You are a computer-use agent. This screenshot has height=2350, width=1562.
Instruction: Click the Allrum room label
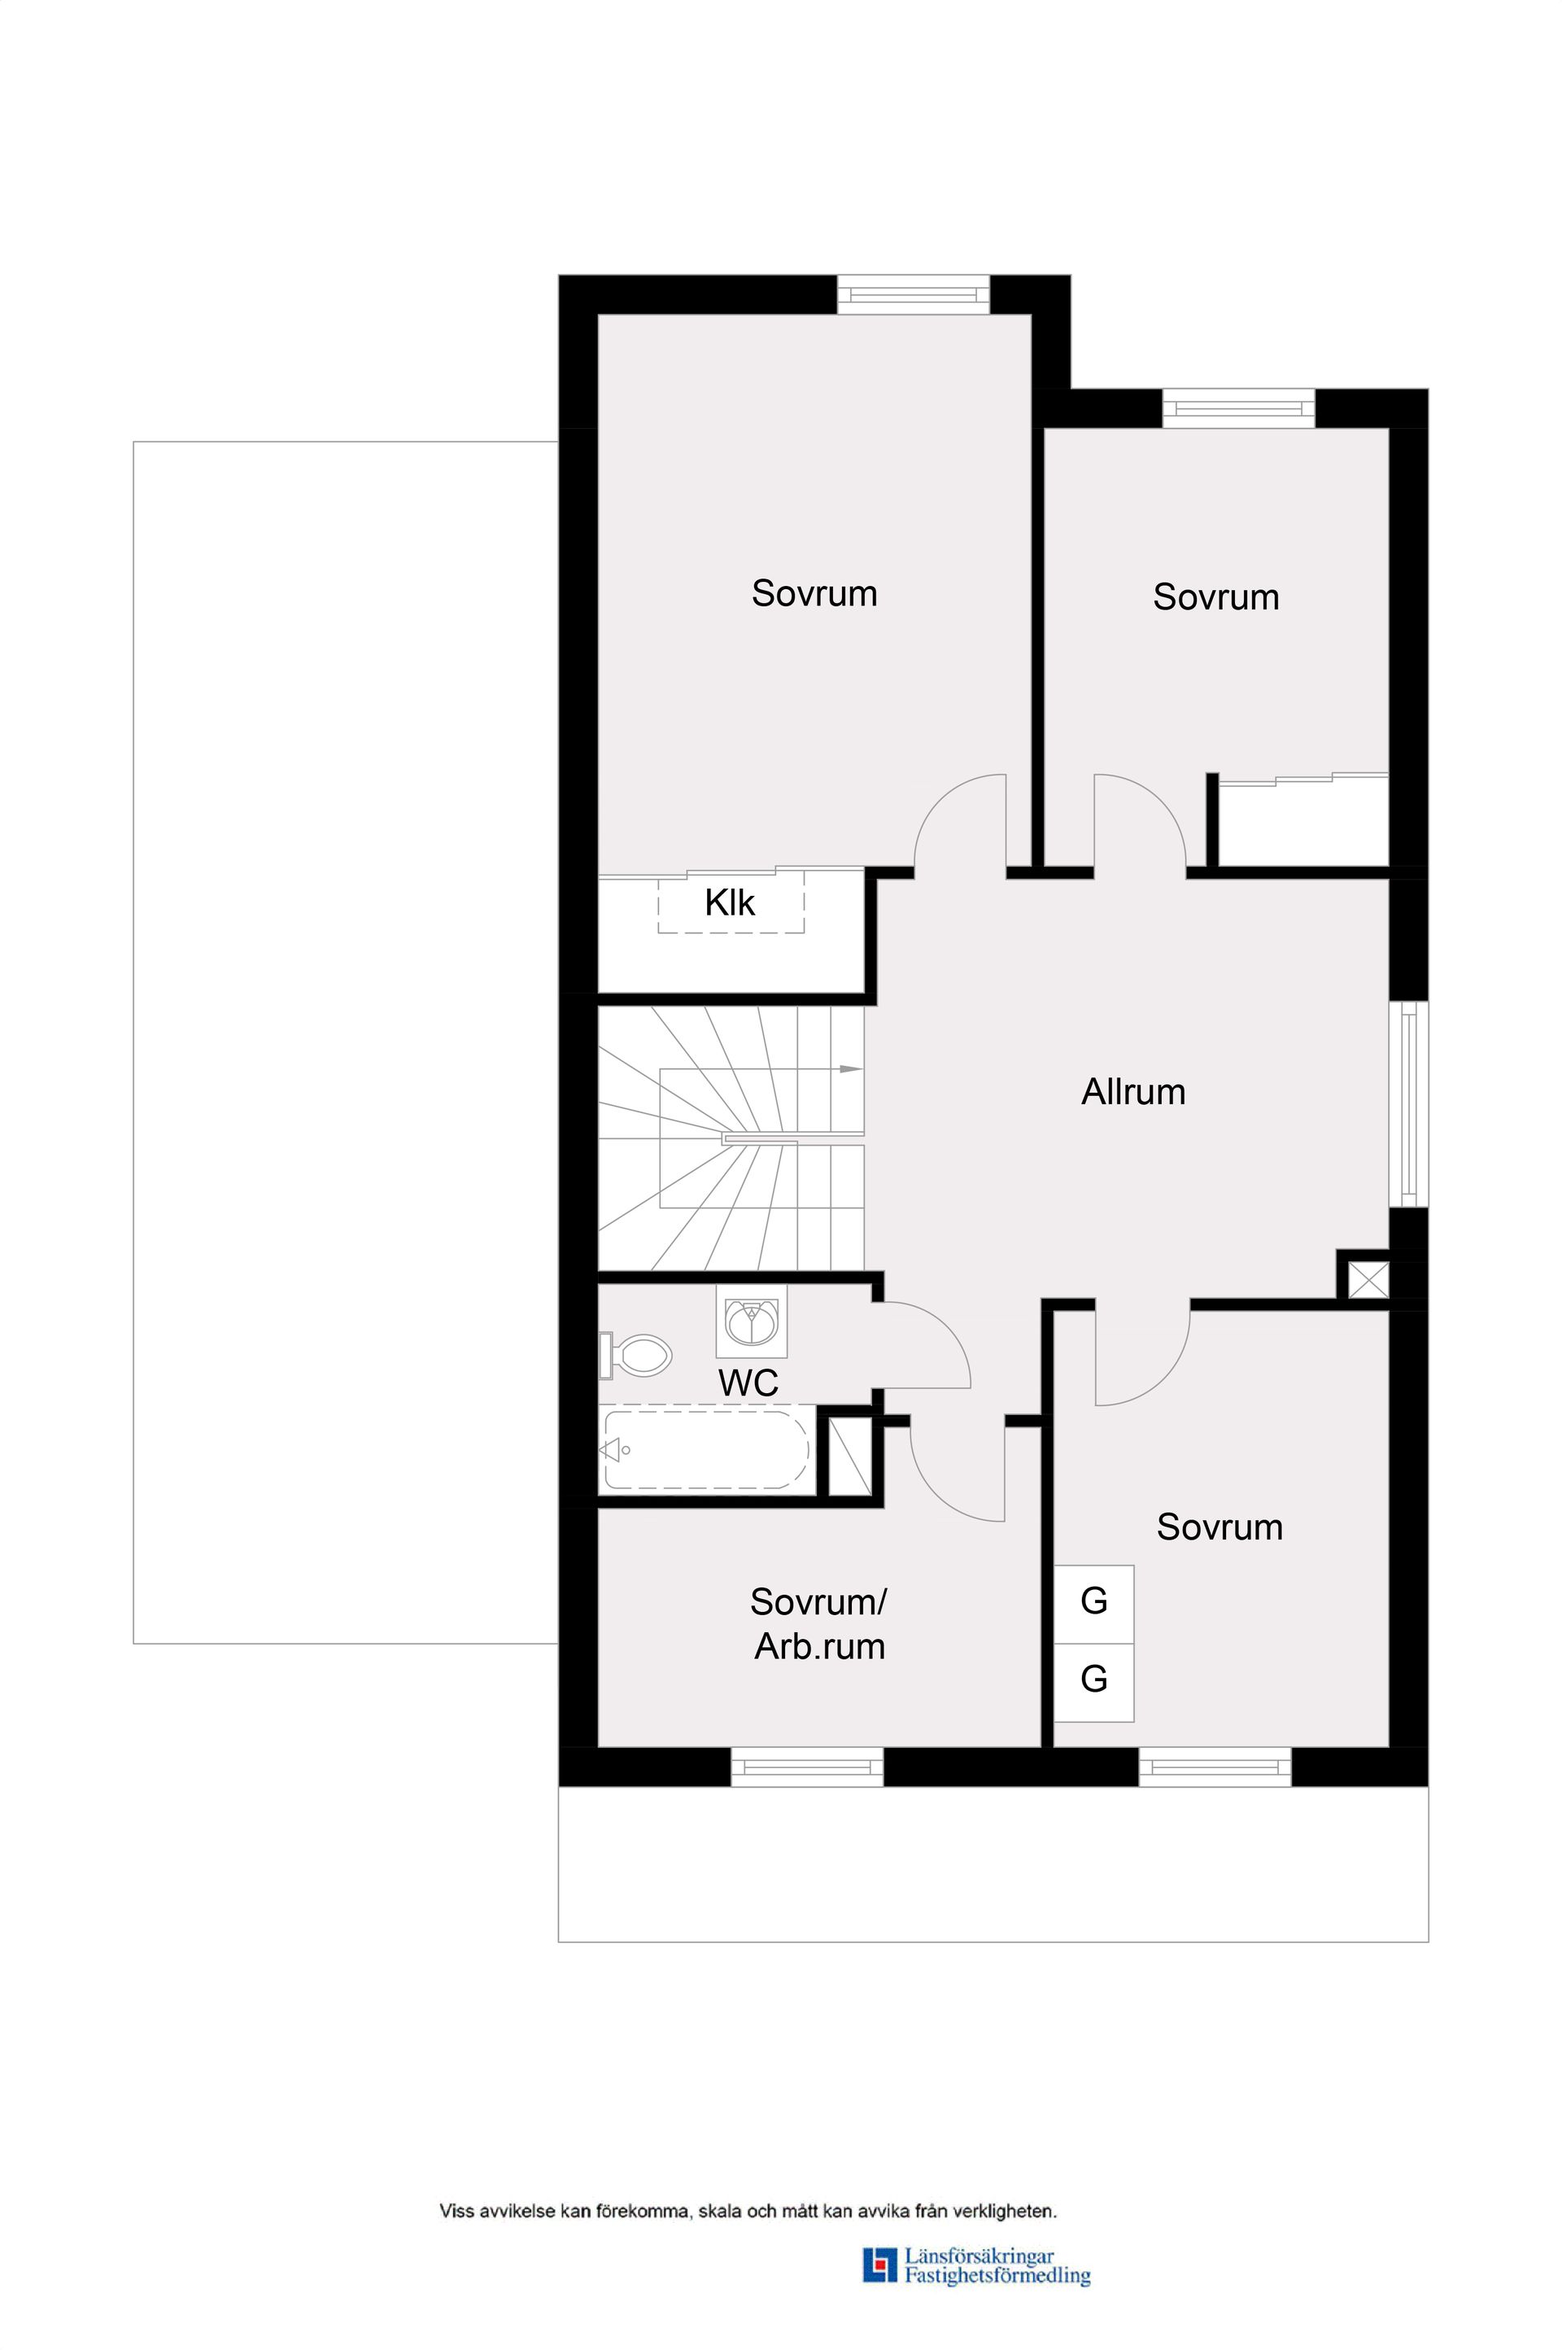tap(1133, 1092)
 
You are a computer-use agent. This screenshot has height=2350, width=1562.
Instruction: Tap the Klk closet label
tap(731, 902)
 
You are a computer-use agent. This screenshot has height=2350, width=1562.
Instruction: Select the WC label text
tap(748, 1382)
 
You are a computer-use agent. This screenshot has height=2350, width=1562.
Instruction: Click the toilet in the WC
tap(635, 1356)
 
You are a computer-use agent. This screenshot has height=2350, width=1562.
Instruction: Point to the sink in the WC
tap(752, 1321)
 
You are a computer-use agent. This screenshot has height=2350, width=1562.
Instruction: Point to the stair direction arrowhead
tap(851, 1069)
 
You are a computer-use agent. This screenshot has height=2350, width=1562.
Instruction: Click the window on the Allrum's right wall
tap(1408, 1103)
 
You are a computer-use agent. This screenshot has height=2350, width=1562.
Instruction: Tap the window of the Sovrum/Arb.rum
tap(807, 1767)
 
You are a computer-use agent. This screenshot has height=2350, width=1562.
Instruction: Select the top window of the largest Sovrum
tap(914, 295)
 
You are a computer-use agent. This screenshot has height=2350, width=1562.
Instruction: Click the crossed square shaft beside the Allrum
tap(1368, 1279)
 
